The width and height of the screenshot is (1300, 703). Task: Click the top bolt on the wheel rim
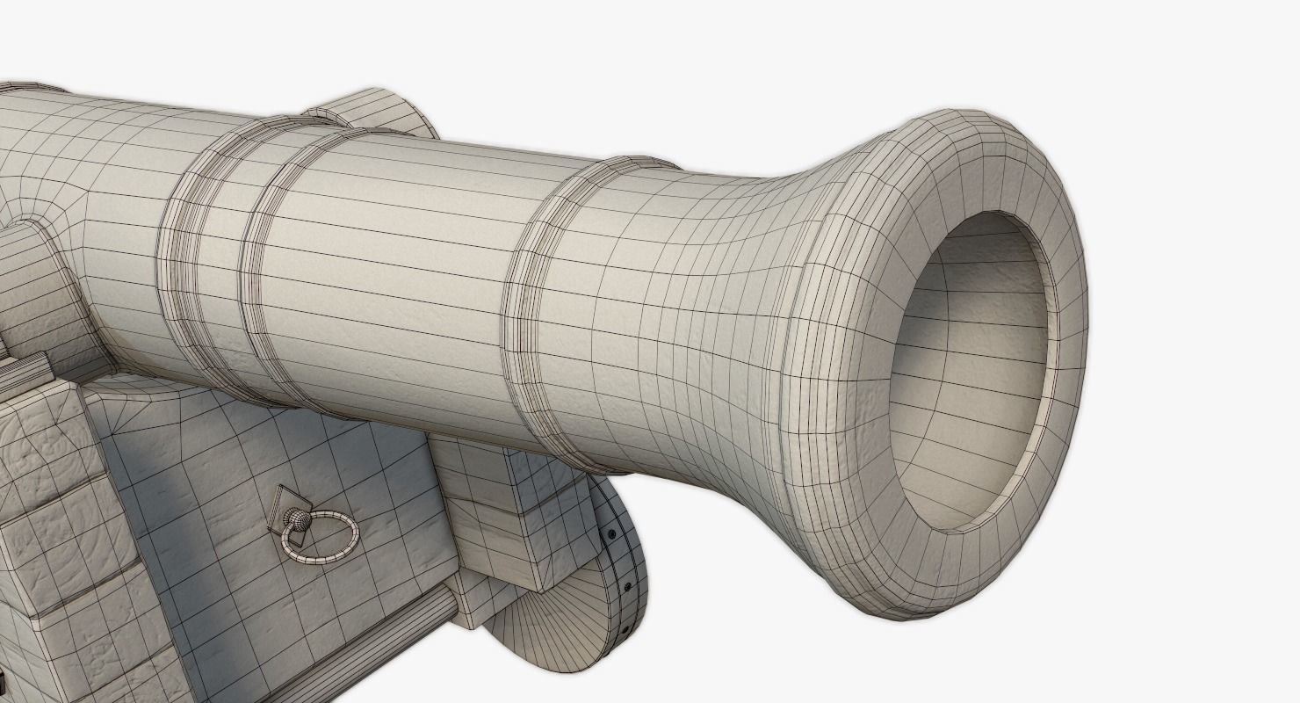(x=611, y=534)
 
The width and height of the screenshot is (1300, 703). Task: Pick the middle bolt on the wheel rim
(x=627, y=586)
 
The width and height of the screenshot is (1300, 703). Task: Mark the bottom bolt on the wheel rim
(x=623, y=631)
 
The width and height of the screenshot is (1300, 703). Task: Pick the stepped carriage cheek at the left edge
(x=53, y=527)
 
